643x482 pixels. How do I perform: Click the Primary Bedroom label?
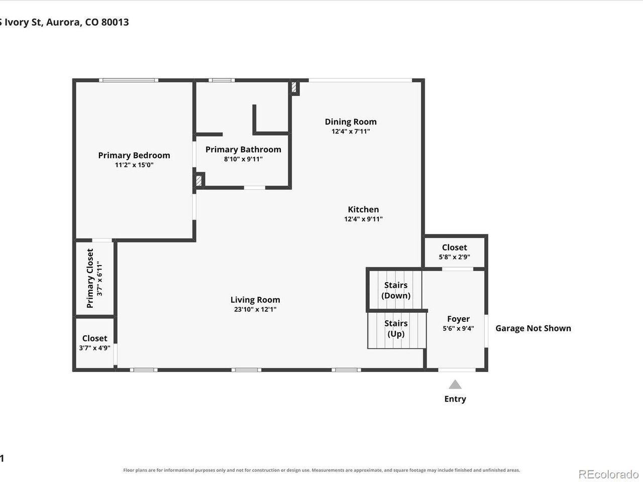pos(134,155)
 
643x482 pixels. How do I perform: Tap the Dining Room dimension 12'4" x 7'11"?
pos(351,131)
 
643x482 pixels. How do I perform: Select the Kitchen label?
pos(363,209)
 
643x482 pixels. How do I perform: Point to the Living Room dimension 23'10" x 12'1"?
pos(255,309)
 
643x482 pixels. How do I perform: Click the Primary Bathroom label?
pos(243,150)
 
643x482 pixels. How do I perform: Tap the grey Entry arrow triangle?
pos(455,384)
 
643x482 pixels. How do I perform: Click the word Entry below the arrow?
pos(455,399)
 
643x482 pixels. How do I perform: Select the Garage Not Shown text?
pos(533,328)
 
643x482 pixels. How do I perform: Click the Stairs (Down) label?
pos(396,290)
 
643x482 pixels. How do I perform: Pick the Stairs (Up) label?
pos(396,328)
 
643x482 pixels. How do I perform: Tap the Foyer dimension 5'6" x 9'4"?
pos(458,328)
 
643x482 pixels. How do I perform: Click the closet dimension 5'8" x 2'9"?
pos(454,257)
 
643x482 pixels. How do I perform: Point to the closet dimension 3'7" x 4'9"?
pos(94,348)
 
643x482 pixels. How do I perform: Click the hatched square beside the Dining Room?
pos(294,87)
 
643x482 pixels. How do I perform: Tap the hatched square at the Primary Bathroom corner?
pos(198,181)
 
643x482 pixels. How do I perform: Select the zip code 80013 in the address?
pos(115,22)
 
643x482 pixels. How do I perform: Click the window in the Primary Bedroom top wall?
pos(129,80)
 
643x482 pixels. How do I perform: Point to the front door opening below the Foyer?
pos(457,370)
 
